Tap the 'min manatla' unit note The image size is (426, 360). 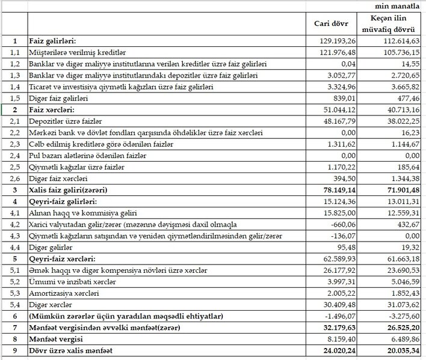click(398, 5)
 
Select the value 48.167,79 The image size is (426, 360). click(339, 121)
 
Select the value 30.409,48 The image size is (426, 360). click(339, 304)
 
